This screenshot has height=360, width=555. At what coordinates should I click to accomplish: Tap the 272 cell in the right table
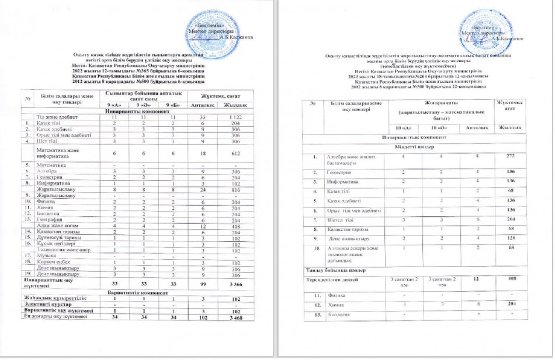pos(512,157)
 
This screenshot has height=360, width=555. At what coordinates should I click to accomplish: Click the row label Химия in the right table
pos(338,304)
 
